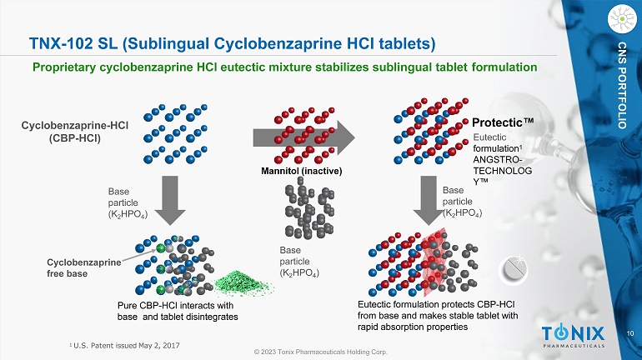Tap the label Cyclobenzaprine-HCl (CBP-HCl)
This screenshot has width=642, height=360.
75,132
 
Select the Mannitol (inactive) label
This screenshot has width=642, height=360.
301,171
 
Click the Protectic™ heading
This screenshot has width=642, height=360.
503,122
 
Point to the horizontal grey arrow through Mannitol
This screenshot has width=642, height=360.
303,137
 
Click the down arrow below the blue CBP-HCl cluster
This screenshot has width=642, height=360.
170,201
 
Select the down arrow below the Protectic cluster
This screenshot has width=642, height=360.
429,201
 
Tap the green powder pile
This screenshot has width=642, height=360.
243,282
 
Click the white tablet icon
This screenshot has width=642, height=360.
514,270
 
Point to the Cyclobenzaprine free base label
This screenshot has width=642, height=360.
84,268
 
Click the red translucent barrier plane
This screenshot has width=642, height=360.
434,262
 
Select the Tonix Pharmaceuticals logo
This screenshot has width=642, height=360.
574,337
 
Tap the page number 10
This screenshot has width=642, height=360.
630,333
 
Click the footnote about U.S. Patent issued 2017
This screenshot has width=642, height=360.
124,346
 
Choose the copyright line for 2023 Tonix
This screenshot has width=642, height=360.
321,352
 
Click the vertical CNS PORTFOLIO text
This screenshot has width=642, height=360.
622,85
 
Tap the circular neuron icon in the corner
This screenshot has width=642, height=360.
622,18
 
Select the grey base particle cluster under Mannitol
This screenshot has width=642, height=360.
309,212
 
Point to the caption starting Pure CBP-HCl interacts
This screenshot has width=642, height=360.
178,311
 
